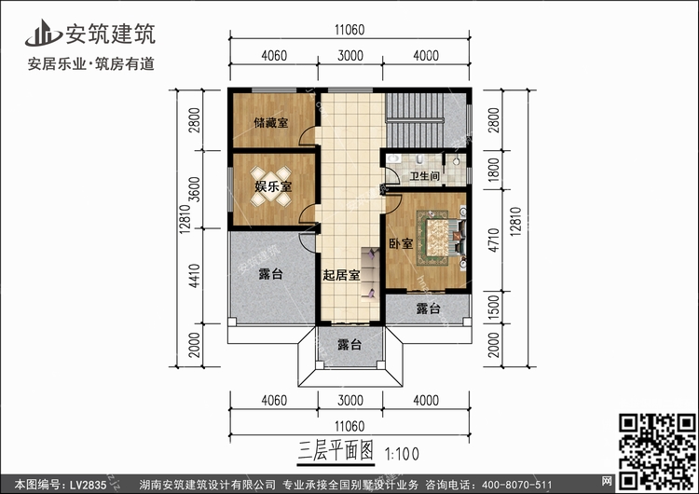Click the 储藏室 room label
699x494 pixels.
click(271, 123)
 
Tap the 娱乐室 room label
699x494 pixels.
click(273, 186)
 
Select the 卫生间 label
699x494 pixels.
click(424, 176)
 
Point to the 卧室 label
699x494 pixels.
click(401, 244)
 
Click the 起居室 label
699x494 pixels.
click(341, 275)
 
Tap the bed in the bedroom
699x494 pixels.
click(442, 238)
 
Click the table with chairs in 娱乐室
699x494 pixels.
click(270, 186)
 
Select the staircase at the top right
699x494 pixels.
click(415, 119)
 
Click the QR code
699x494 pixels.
click(657, 451)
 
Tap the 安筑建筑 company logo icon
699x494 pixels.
click(43, 34)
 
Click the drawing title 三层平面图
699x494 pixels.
click(336, 451)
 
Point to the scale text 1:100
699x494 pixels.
click(402, 454)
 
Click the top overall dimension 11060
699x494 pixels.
click(349, 30)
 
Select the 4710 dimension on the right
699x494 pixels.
click(493, 240)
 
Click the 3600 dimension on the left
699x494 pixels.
click(195, 189)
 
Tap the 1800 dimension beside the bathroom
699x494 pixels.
click(493, 170)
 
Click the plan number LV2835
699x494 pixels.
click(88, 485)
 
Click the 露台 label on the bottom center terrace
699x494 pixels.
click(349, 345)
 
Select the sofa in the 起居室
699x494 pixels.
click(370, 273)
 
